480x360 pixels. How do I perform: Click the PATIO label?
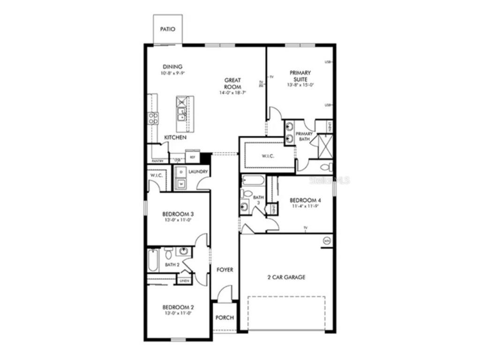(167, 29)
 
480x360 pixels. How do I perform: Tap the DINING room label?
(172, 67)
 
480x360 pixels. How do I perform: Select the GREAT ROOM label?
(232, 83)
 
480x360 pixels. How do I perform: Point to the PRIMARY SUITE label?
(300, 75)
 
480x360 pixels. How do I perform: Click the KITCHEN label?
(175, 137)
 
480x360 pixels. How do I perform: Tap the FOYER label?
(225, 270)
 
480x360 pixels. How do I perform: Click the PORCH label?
(225, 317)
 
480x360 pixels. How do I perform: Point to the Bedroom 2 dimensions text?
(179, 313)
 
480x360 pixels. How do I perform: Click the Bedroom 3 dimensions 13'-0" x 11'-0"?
(179, 219)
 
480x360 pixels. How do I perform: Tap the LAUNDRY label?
(198, 172)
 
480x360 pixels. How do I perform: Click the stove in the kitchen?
(153, 118)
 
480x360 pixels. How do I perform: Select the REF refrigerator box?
(192, 157)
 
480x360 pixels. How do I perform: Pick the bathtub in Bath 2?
(153, 261)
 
